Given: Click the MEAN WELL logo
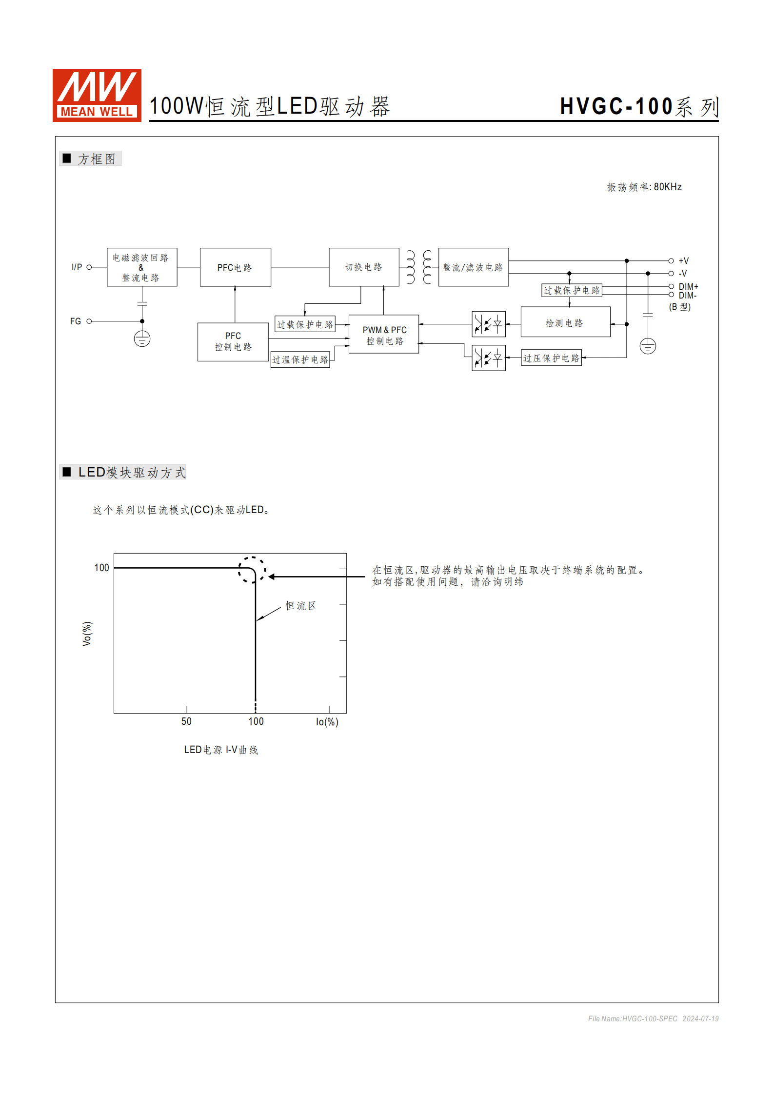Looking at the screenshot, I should click(x=97, y=95).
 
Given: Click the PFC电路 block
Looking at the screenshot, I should click(x=235, y=267).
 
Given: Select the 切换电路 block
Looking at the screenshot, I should click(x=364, y=267).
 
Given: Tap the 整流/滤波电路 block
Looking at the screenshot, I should click(x=473, y=267).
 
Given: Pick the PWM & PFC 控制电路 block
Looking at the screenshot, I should click(x=384, y=335).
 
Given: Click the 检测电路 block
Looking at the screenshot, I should click(x=565, y=322).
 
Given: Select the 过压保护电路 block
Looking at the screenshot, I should click(x=551, y=358).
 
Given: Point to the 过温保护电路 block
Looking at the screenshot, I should click(x=300, y=359).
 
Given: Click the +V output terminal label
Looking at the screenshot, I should click(x=684, y=261).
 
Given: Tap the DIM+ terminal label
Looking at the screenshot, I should click(x=688, y=287).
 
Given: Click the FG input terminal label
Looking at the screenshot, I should click(x=76, y=321).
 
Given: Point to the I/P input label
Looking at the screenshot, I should click(x=77, y=267).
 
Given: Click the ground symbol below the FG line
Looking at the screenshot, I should click(x=142, y=339).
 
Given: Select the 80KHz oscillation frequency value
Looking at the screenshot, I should click(x=668, y=187).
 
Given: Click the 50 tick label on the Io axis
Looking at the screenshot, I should click(x=186, y=721).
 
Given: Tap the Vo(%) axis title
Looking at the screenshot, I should click(x=87, y=634).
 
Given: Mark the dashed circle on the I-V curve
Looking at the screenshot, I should click(x=252, y=570).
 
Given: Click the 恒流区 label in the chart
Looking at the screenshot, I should click(x=300, y=606).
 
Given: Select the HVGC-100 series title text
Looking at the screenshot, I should click(x=639, y=107).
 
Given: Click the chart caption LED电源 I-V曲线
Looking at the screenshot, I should click(x=221, y=750).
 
